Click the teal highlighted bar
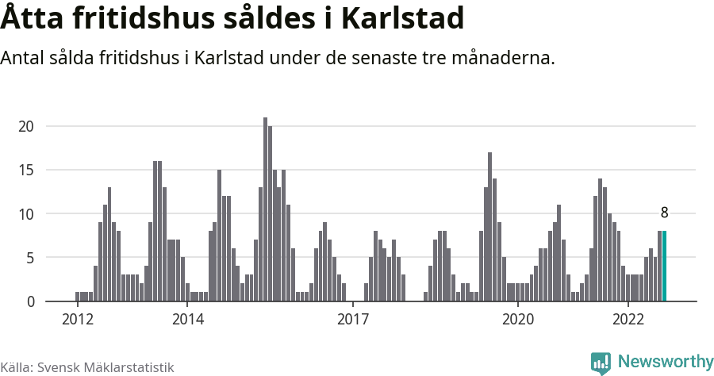(x=664, y=267)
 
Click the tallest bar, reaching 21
(x=265, y=210)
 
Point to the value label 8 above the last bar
(x=664, y=213)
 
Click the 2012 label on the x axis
(x=77, y=320)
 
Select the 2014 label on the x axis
(x=187, y=320)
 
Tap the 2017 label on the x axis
(x=352, y=320)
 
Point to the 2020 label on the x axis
(x=517, y=320)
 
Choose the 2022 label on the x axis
(x=628, y=320)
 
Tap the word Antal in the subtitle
(x=25, y=59)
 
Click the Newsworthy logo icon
(x=601, y=363)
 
